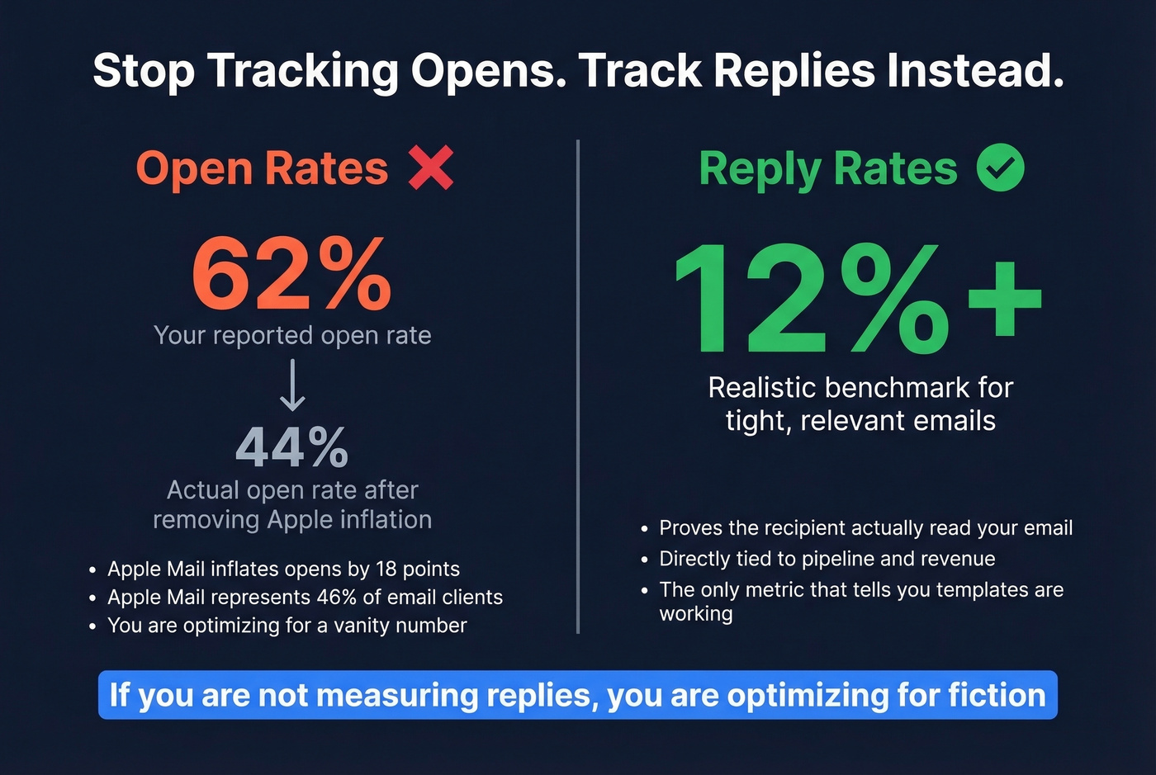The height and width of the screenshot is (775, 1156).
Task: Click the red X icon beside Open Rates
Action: [x=431, y=168]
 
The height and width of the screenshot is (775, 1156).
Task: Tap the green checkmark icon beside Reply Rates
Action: [x=1000, y=168]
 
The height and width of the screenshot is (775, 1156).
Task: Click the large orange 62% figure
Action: [x=291, y=274]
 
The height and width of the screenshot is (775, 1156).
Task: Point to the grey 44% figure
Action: [x=291, y=447]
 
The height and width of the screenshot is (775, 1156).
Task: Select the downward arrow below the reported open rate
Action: [x=292, y=385]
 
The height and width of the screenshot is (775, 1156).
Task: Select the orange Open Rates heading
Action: [x=262, y=169]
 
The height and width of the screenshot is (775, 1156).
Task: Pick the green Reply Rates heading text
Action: [x=827, y=169]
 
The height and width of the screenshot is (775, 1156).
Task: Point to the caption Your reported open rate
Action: [x=292, y=335]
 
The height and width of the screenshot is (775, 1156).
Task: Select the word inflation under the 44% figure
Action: [x=385, y=520]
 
